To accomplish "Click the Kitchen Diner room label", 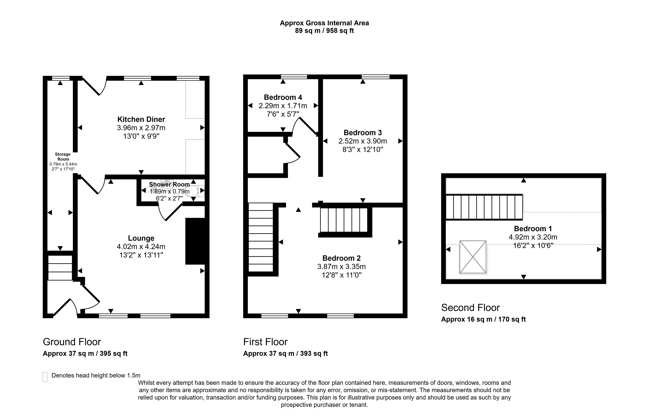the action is (x=141, y=119).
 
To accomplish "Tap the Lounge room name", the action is (x=141, y=238).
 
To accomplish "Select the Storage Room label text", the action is (x=63, y=157).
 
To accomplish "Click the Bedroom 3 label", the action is (x=363, y=133).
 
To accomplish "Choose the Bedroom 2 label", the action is (x=342, y=258).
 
